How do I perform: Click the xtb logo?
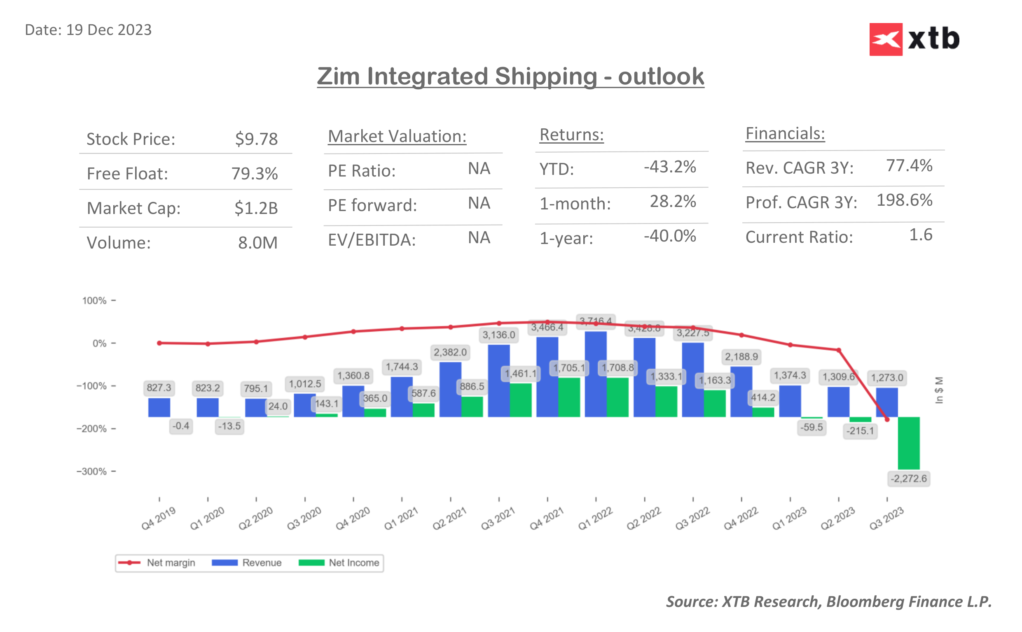[x=914, y=39]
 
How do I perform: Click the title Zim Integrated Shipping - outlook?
[x=510, y=77]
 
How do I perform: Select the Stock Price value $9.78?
[x=256, y=139]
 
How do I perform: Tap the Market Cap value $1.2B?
[x=256, y=208]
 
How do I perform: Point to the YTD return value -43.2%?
[x=669, y=167]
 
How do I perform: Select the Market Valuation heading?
[x=397, y=136]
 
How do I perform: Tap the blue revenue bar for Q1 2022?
[x=595, y=374]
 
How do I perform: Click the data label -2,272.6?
[x=908, y=479]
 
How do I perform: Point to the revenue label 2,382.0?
[x=450, y=352]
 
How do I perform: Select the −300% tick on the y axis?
[x=91, y=472]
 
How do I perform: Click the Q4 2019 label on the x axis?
[x=158, y=518]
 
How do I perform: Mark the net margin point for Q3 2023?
[x=887, y=419]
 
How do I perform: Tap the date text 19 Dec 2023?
[x=108, y=30]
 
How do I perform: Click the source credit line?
[x=828, y=601]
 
